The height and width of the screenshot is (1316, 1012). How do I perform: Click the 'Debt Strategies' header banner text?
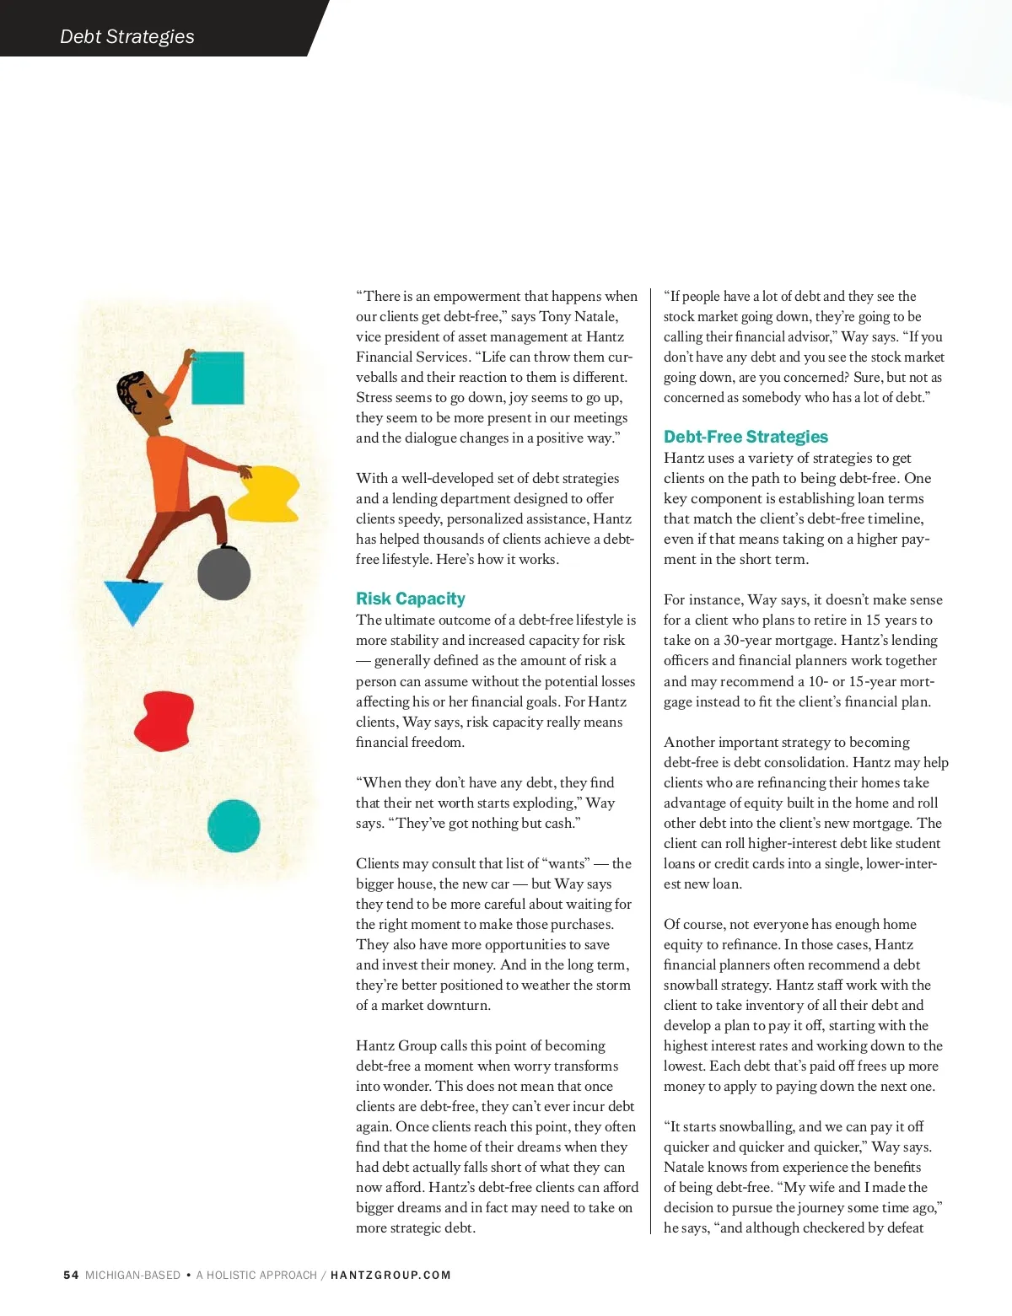click(x=126, y=36)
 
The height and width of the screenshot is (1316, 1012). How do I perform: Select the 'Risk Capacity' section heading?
click(x=410, y=599)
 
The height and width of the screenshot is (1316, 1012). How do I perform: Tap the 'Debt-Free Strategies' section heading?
click(x=746, y=437)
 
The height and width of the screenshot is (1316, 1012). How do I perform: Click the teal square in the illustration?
click(x=218, y=378)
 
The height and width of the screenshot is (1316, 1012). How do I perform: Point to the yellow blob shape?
click(x=266, y=493)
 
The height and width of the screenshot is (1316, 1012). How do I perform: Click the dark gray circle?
click(x=223, y=573)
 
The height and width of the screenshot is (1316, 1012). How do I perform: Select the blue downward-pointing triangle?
click(x=132, y=599)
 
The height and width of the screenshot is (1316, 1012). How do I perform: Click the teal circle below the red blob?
click(x=234, y=825)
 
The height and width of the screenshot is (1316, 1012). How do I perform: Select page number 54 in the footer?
click(x=71, y=1276)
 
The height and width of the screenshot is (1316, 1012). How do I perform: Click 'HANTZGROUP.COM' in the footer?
click(x=390, y=1276)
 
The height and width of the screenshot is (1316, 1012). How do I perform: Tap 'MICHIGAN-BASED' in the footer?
click(x=132, y=1276)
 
